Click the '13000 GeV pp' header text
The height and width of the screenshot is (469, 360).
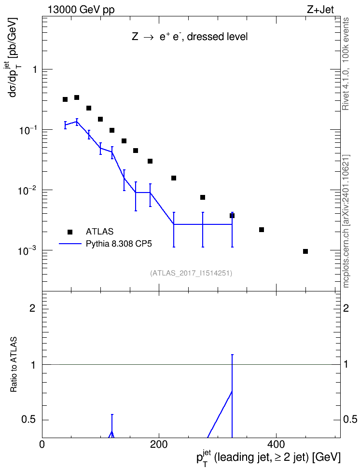(81, 10)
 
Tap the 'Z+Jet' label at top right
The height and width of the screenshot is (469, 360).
(320, 10)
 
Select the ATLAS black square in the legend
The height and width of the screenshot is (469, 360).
(69, 232)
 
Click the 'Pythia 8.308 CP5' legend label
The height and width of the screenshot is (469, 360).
(119, 244)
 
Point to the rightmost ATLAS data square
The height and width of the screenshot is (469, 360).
(305, 251)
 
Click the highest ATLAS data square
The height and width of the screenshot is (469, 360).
(77, 97)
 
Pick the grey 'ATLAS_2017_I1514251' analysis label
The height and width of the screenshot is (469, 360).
(191, 273)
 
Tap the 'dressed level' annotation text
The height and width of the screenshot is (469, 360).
(217, 37)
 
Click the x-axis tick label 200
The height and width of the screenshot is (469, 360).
(159, 444)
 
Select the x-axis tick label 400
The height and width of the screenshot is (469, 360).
(276, 444)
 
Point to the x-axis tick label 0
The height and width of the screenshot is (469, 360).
(42, 444)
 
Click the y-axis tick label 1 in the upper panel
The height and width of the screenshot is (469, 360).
(35, 69)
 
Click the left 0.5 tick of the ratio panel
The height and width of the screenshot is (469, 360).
(28, 420)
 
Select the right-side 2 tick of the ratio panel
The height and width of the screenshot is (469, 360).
(346, 308)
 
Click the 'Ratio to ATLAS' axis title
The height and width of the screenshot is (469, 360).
(14, 365)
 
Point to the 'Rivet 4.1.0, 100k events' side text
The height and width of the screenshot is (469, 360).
(346, 64)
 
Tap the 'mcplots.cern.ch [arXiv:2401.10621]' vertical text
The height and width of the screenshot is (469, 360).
(346, 221)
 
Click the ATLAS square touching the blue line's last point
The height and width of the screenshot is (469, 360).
(232, 216)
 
